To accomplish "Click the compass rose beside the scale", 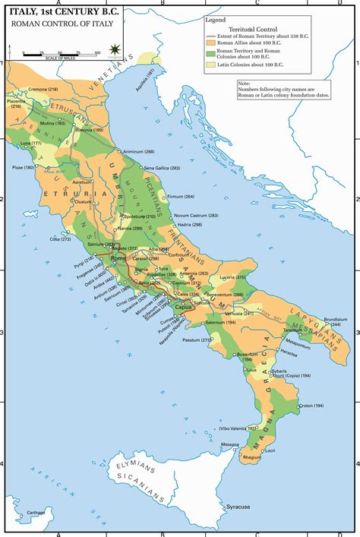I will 113,49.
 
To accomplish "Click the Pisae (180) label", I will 24,166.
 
